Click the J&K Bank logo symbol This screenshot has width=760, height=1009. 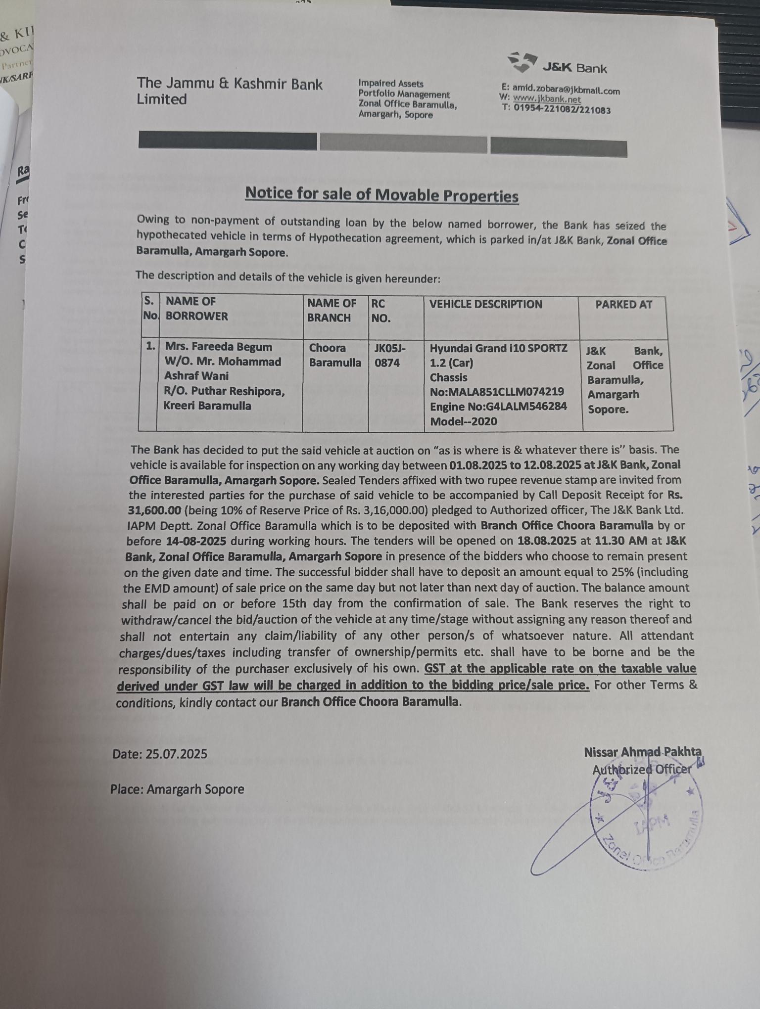pos(522,61)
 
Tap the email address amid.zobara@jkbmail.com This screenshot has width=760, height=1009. pos(566,90)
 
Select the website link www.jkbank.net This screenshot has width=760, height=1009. pos(546,99)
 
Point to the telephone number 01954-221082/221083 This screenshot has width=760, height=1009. pos(562,109)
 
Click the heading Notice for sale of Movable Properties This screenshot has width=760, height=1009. pos(381,194)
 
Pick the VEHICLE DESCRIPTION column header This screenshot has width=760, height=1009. pos(485,304)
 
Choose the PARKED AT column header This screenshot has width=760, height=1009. pos(623,305)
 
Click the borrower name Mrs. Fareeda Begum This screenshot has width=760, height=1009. pos(218,347)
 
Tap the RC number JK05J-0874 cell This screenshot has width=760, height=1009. pos(390,355)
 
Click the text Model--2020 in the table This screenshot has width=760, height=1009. pos(463,421)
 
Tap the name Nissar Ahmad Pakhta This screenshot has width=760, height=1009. pos(642,752)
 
